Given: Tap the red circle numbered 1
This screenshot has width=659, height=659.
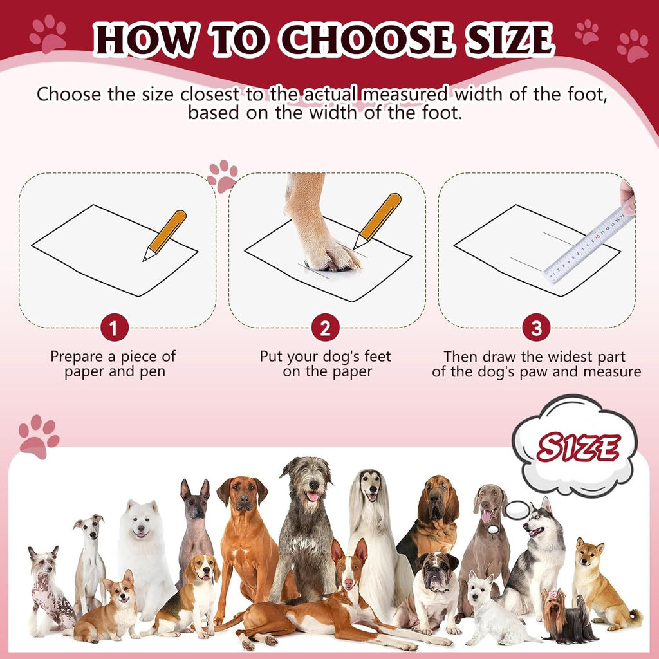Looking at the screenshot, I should coord(114,329).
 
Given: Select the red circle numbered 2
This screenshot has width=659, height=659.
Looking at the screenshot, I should coord(325,329).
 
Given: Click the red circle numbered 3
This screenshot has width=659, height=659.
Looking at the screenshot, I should coord(536,329).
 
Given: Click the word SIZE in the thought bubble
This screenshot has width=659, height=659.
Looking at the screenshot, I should coord(578,448).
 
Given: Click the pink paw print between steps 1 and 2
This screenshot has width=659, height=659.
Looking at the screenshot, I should coord(223,176).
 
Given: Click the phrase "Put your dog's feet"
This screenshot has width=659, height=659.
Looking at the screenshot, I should coord(325,356).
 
